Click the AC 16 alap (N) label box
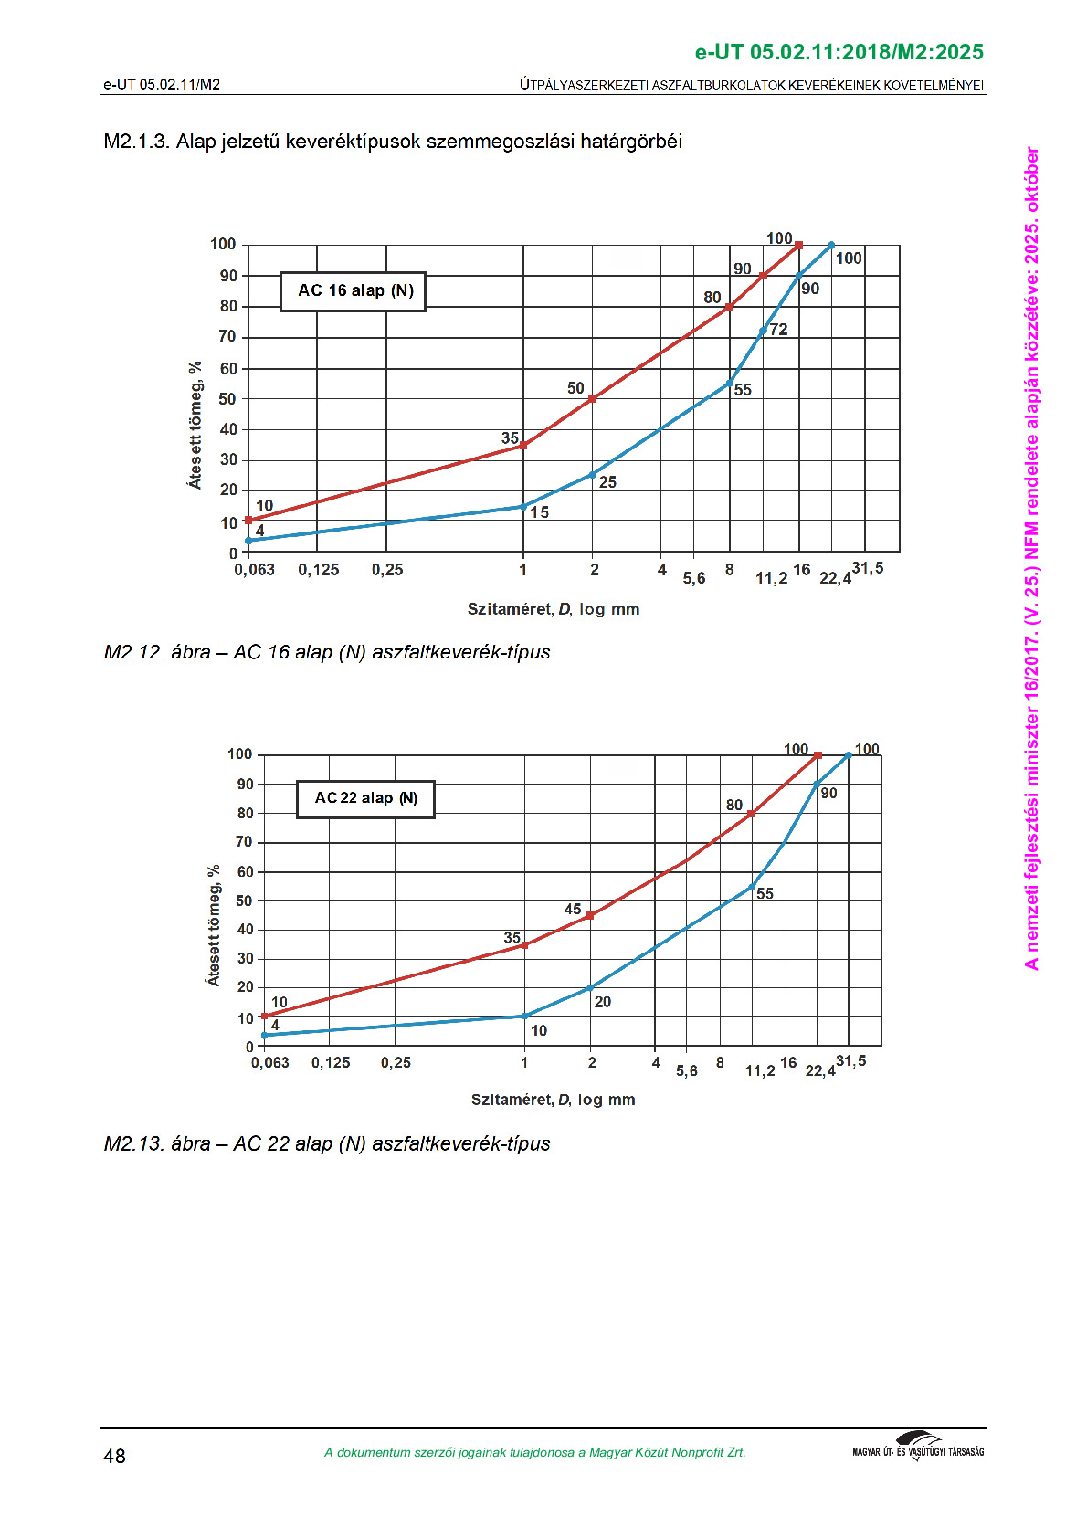353,291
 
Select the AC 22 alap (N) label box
365,798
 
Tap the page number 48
114,1456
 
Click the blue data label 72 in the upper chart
778,330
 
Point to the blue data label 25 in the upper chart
607,482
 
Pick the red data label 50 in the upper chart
575,388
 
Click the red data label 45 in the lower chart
573,909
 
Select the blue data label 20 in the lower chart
603,1002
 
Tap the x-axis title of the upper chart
553,609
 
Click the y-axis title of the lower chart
213,925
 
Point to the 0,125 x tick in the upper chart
319,570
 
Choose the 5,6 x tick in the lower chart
687,1070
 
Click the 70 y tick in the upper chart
227,336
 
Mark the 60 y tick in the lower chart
245,871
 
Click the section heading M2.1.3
393,142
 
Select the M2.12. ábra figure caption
327,652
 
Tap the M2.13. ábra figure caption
327,1143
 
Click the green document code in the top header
839,52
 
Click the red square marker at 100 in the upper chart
798,245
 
